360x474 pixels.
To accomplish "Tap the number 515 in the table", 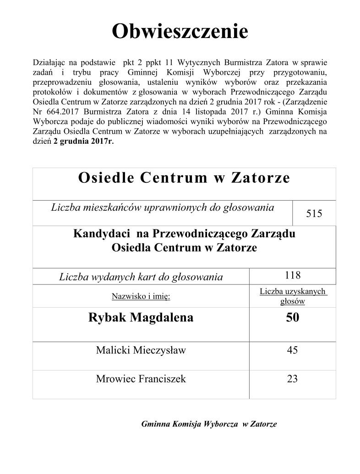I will [x=314, y=213].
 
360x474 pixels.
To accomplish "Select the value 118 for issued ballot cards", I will [x=292, y=275].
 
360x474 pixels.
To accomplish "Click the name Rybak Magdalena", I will [x=141, y=317].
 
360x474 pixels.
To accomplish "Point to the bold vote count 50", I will [x=292, y=317].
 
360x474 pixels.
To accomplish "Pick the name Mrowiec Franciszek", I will [x=141, y=379].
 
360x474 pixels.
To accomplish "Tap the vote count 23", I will [x=292, y=379].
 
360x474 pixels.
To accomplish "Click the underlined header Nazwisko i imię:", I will [x=141, y=296].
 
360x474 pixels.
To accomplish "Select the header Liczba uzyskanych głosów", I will [x=292, y=296].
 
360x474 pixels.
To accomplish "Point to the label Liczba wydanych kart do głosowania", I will [x=141, y=277].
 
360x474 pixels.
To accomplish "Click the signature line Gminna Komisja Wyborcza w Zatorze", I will [x=209, y=424].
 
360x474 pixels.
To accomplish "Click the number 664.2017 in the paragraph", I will [x=60, y=113].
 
